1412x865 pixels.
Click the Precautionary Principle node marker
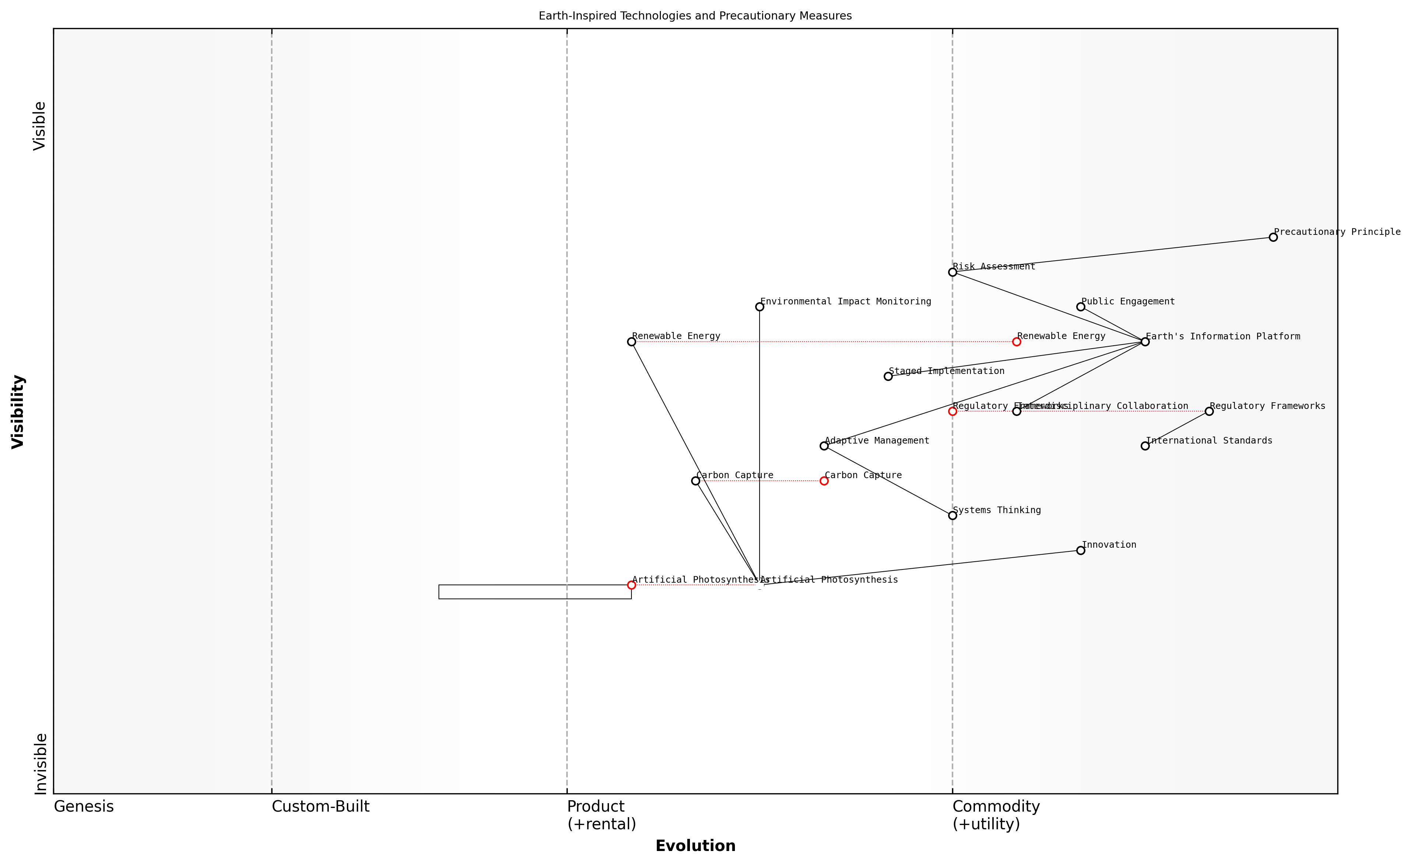pos(1273,237)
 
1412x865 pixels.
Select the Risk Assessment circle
pos(953,272)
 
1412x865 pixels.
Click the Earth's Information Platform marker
pos(1145,342)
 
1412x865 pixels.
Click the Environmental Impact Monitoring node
pos(760,307)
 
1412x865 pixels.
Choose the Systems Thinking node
pos(953,516)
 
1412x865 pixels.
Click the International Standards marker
pos(1145,446)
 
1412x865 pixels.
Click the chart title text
pos(695,16)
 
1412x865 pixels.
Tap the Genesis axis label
pos(84,806)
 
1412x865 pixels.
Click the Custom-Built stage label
pos(320,806)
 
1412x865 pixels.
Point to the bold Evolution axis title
pos(695,846)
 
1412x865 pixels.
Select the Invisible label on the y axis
pos(40,764)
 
